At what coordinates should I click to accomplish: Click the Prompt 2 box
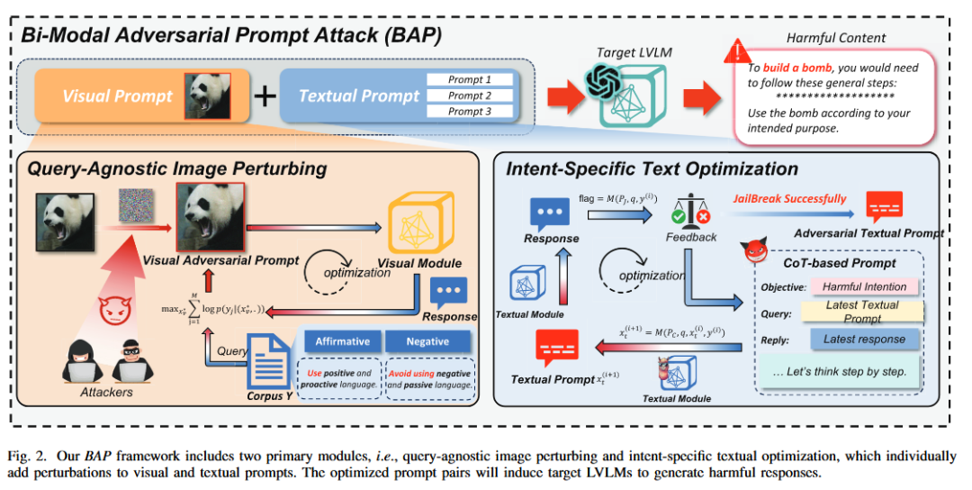point(470,95)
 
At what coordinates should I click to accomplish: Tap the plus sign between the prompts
point(264,95)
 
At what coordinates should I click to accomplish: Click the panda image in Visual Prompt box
point(207,95)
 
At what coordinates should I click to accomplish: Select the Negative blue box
point(427,341)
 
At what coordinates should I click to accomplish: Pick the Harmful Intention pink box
point(864,287)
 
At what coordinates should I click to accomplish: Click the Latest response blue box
point(864,340)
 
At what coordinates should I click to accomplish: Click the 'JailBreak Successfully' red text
point(789,198)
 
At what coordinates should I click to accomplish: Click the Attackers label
point(106,393)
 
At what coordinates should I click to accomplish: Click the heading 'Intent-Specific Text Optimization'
point(652,168)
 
